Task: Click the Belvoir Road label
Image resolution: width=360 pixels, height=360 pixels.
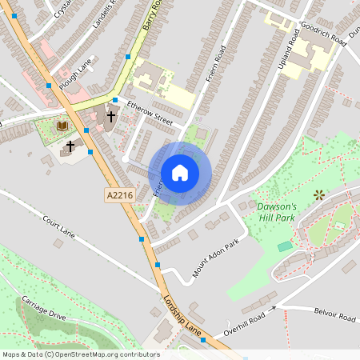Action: click(x=334, y=317)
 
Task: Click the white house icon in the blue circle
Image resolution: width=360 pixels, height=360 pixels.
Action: click(x=180, y=173)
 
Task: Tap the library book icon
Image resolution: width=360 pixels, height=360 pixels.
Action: click(x=62, y=126)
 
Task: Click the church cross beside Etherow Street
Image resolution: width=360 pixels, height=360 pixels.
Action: click(x=110, y=115)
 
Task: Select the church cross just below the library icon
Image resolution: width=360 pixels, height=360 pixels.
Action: click(x=70, y=146)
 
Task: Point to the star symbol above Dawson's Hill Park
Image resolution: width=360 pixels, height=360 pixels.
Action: click(x=319, y=194)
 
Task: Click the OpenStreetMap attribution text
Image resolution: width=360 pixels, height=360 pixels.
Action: click(x=80, y=354)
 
